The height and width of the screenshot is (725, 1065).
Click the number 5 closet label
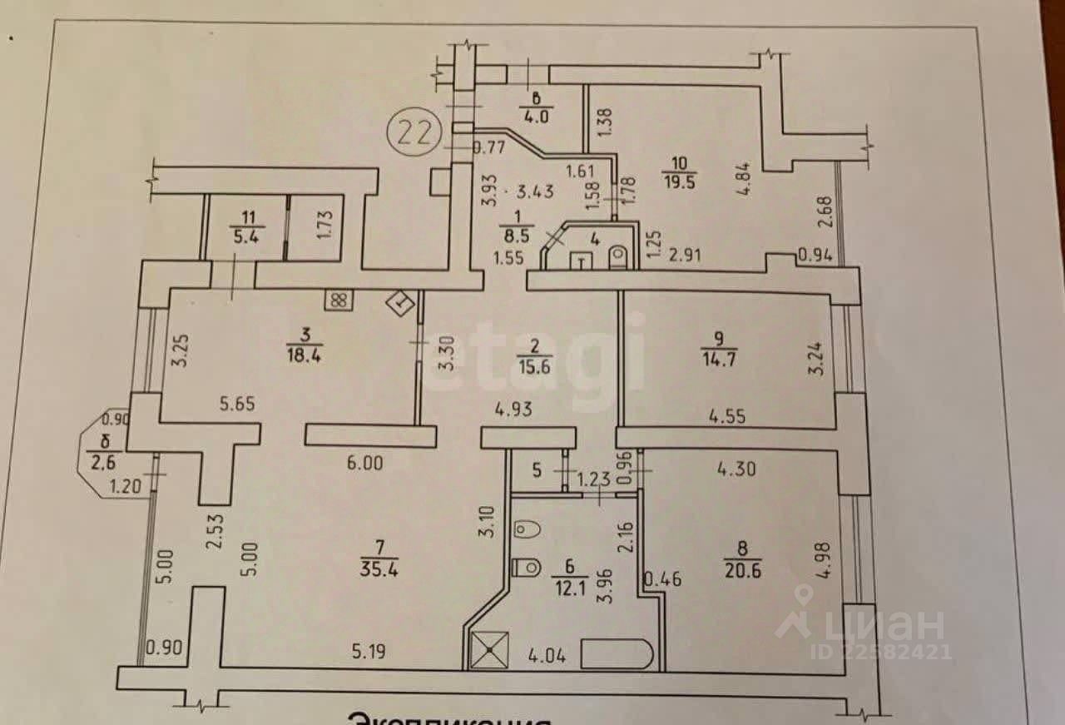pyautogui.click(x=537, y=470)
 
